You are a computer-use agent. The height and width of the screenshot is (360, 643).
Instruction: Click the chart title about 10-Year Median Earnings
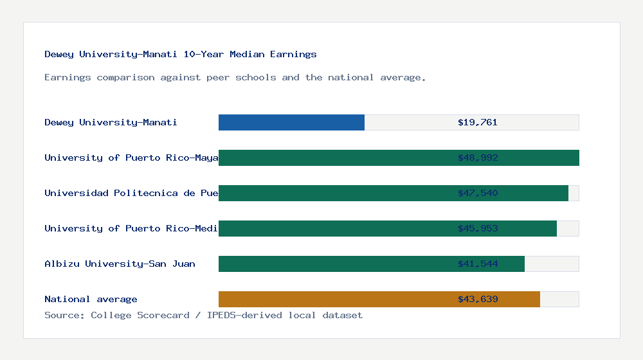coord(180,54)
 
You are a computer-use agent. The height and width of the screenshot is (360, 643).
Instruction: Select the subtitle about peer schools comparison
coord(235,77)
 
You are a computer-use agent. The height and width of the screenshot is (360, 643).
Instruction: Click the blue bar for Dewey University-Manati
coord(291,122)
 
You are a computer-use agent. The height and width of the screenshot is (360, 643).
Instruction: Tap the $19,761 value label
coord(477,122)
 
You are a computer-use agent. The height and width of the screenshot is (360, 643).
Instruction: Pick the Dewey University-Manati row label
coord(111,122)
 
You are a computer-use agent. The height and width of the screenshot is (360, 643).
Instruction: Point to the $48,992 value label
coord(477,157)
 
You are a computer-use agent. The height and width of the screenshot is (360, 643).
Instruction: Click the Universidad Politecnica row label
coord(131,193)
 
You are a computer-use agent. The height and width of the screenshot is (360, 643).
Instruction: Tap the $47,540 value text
coord(477,193)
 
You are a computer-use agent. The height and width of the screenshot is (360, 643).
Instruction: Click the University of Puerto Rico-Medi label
coord(131,228)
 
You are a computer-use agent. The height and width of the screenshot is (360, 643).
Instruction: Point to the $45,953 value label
coord(477,228)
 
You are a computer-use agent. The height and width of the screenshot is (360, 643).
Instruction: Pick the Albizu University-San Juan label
coord(120,264)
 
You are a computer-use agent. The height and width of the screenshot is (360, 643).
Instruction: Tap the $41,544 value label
coord(477,264)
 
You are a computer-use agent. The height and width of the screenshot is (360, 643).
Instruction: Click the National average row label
coord(91,299)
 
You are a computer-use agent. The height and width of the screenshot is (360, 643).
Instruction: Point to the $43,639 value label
coord(477,299)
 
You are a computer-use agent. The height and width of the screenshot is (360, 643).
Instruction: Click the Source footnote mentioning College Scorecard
coord(203,315)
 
